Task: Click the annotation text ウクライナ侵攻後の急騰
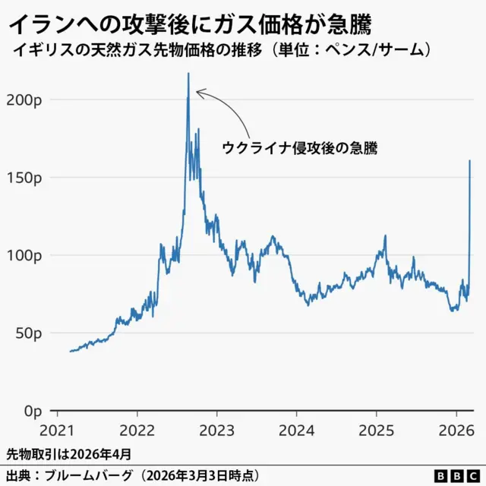coord(300,148)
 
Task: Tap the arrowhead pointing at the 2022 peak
coord(199,93)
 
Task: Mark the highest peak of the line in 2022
coord(188,74)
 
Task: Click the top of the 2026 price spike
coord(470,160)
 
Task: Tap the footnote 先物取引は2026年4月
coord(68,454)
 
